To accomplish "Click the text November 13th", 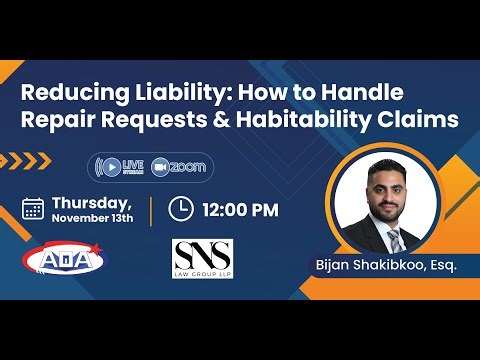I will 93,218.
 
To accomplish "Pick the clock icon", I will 180,209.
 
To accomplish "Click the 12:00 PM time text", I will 239,210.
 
